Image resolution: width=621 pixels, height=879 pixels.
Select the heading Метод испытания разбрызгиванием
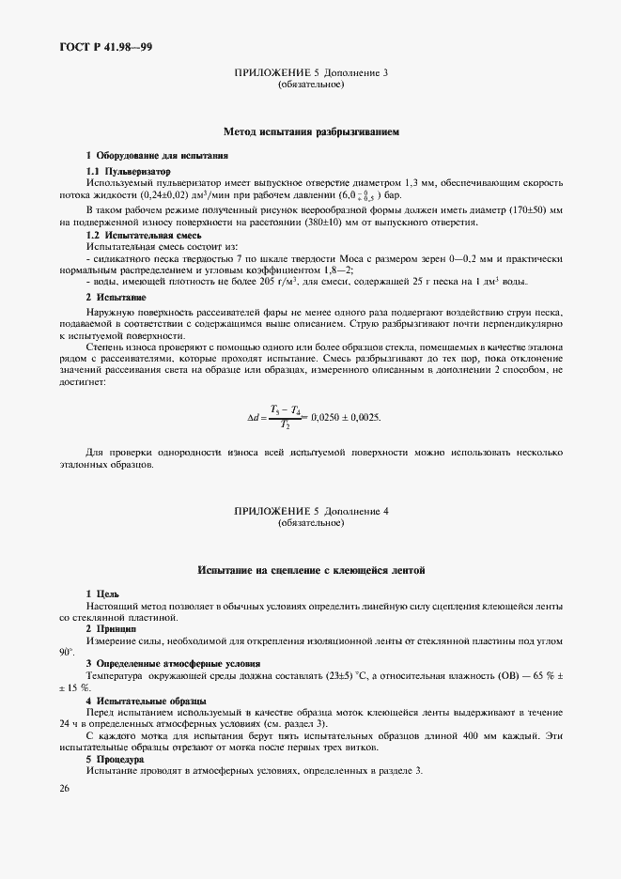pyautogui.click(x=311, y=132)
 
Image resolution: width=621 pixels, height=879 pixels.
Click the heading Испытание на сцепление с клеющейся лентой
pyautogui.click(x=311, y=569)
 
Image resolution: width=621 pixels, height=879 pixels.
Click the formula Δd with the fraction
pyautogui.click(x=282, y=417)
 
